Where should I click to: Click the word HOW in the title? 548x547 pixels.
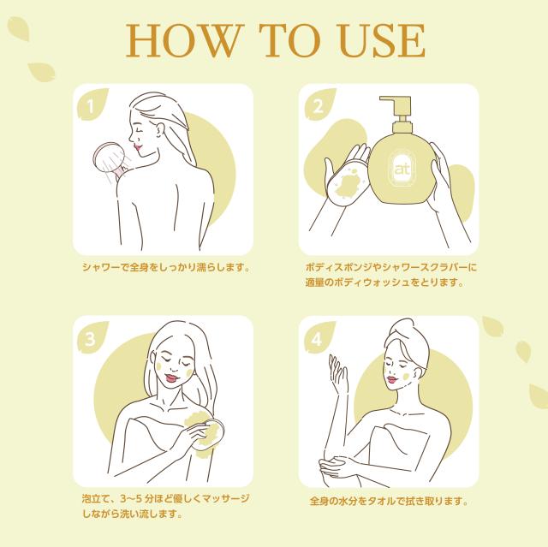(185, 40)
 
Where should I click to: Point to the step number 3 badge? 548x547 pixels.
(91, 338)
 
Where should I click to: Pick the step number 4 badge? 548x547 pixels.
(318, 338)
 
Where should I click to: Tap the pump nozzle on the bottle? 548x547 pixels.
(396, 108)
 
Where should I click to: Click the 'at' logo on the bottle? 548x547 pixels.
(402, 169)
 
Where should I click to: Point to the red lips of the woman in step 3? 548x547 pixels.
(171, 378)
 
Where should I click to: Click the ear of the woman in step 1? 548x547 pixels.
(160, 130)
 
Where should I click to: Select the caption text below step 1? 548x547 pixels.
(166, 268)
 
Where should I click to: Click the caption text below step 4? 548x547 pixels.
(389, 501)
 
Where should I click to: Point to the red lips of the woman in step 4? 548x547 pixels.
(392, 380)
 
